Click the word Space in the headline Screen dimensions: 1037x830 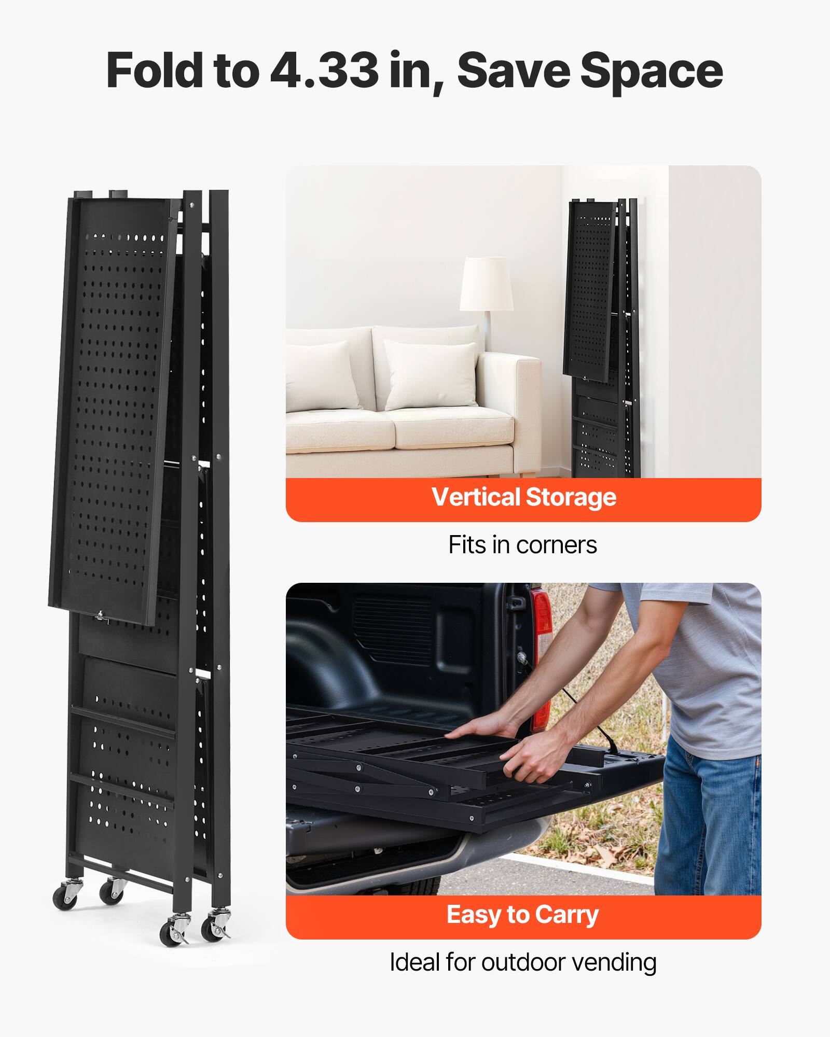click(x=651, y=72)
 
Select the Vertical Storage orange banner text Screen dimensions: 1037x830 click(x=523, y=497)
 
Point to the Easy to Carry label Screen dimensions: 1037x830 click(x=522, y=914)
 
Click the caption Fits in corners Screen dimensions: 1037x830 click(x=522, y=545)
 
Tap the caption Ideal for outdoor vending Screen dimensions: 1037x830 click(x=522, y=962)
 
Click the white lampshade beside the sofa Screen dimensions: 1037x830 click(x=486, y=284)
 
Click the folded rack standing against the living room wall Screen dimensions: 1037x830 click(x=602, y=337)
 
